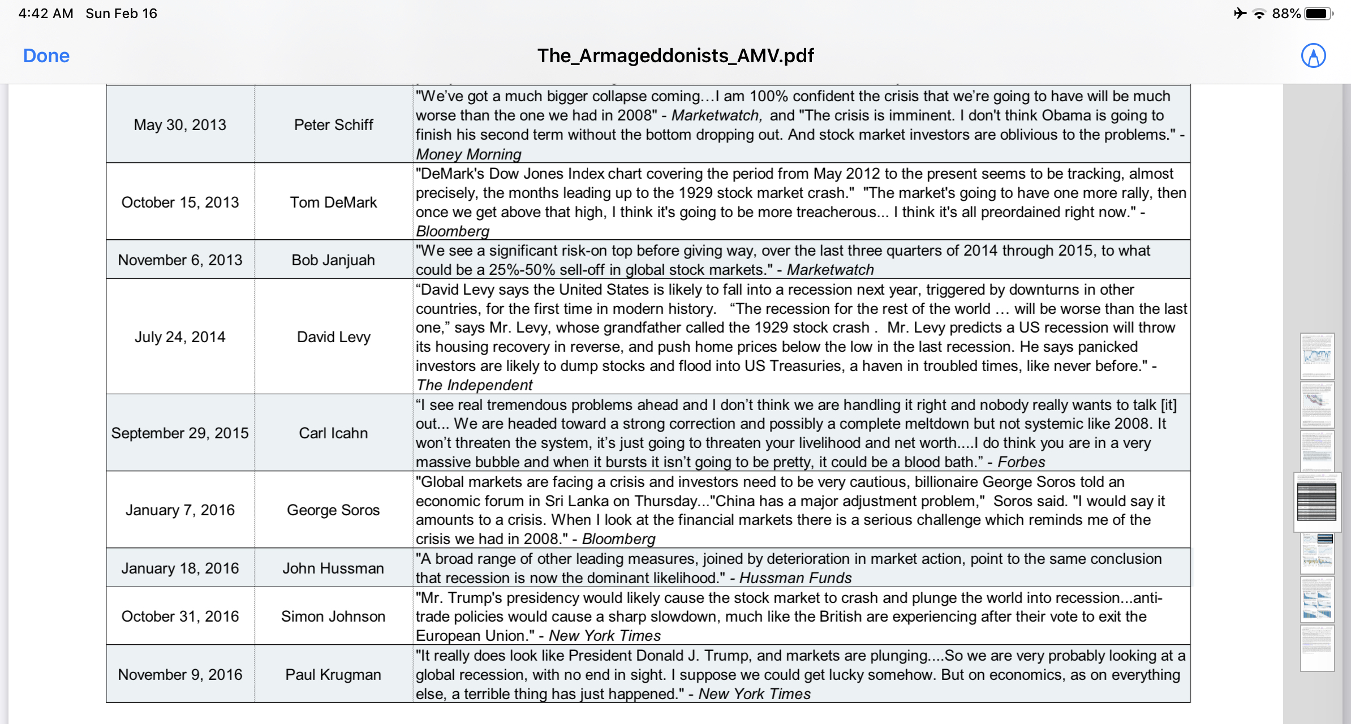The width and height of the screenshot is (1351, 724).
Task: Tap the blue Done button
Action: (46, 55)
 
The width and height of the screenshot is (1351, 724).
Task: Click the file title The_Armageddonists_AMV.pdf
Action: (675, 55)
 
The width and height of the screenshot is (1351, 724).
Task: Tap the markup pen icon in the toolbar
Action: (1313, 55)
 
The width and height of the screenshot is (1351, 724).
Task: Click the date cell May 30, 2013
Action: (180, 124)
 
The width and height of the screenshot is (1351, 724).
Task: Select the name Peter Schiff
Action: (333, 124)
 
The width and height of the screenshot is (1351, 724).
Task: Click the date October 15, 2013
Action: (180, 202)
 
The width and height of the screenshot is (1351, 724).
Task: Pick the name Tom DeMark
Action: (333, 202)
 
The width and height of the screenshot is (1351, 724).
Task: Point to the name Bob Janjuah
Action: (333, 260)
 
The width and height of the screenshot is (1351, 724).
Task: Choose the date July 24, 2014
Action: (180, 337)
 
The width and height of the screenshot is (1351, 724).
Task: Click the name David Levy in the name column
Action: (333, 337)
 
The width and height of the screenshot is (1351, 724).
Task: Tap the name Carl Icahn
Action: (333, 433)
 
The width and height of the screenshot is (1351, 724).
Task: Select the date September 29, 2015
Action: (180, 433)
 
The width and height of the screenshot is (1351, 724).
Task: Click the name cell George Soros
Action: (333, 510)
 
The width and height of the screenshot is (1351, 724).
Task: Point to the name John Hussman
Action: (333, 568)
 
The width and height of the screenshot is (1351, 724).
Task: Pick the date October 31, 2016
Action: (180, 616)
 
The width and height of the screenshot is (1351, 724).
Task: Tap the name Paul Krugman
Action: (333, 674)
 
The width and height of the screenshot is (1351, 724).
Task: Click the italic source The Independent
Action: (475, 385)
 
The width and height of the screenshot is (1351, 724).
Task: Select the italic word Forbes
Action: (1021, 462)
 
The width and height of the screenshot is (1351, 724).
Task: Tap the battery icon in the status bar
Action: (1319, 14)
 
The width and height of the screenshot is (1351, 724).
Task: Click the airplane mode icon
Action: (1240, 14)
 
